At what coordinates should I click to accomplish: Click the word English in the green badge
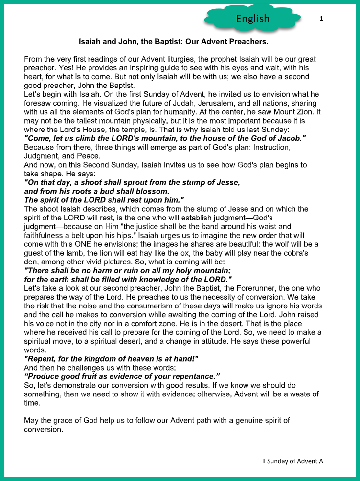pyautogui.click(x=252, y=19)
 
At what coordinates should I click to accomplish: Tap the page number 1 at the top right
pyautogui.click(x=321, y=19)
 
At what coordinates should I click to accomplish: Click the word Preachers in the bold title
pyautogui.click(x=247, y=42)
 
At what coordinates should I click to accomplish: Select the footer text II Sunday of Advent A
pyautogui.click(x=292, y=461)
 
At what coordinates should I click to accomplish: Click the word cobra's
pyautogui.click(x=296, y=253)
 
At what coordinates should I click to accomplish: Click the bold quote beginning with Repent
pyautogui.click(x=111, y=358)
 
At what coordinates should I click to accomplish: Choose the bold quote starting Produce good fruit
pyautogui.click(x=122, y=376)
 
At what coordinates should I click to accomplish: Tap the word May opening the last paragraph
pyautogui.click(x=31, y=420)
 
